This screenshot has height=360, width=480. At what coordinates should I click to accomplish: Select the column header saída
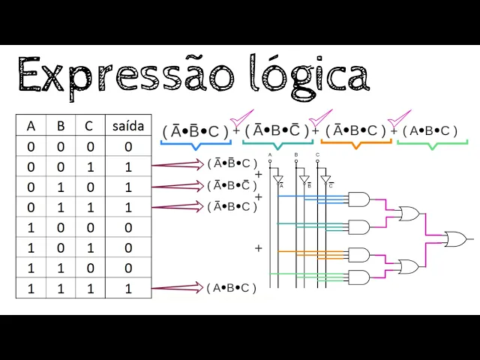point(127,125)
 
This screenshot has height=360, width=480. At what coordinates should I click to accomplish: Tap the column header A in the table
point(31,125)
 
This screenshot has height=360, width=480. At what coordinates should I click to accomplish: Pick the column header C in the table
point(89,125)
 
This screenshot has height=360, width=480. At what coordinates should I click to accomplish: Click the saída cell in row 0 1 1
point(127,207)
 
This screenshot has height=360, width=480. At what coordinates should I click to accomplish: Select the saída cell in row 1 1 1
point(127,288)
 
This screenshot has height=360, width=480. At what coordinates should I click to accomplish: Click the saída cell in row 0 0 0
point(127,147)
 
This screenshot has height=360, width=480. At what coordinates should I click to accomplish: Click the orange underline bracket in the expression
point(355,142)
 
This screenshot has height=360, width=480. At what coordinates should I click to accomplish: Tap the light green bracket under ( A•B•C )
point(432,142)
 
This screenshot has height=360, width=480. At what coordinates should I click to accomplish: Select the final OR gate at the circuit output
point(454,239)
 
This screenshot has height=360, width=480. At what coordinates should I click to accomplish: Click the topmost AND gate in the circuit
point(358,199)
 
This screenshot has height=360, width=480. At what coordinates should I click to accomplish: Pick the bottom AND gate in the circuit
point(358,277)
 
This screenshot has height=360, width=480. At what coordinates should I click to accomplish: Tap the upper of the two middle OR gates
point(409,214)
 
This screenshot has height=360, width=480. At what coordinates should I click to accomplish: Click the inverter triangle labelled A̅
point(278,180)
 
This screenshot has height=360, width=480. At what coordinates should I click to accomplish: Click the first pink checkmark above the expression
point(241,118)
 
